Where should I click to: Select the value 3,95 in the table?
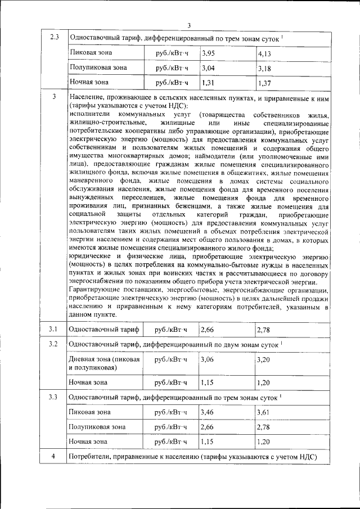click(208, 53)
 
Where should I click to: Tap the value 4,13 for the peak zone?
click(264, 53)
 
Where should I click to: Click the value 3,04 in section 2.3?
click(208, 68)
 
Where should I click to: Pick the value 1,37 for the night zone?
click(264, 83)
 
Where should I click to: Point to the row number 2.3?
click(54, 38)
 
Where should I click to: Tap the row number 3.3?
click(54, 397)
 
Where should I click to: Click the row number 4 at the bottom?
click(54, 456)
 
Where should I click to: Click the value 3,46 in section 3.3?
click(208, 412)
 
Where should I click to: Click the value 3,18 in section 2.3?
click(264, 69)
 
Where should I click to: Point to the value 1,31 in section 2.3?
click(208, 83)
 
